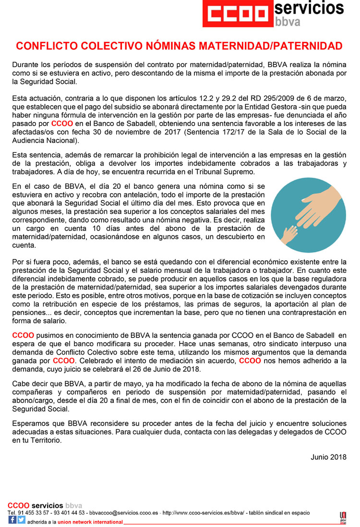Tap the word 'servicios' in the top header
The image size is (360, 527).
(x=310, y=8)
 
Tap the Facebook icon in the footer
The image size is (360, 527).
(x=12, y=519)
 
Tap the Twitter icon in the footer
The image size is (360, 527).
(x=21, y=519)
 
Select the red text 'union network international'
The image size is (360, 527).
(x=90, y=522)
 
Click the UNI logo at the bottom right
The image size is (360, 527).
(x=343, y=518)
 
